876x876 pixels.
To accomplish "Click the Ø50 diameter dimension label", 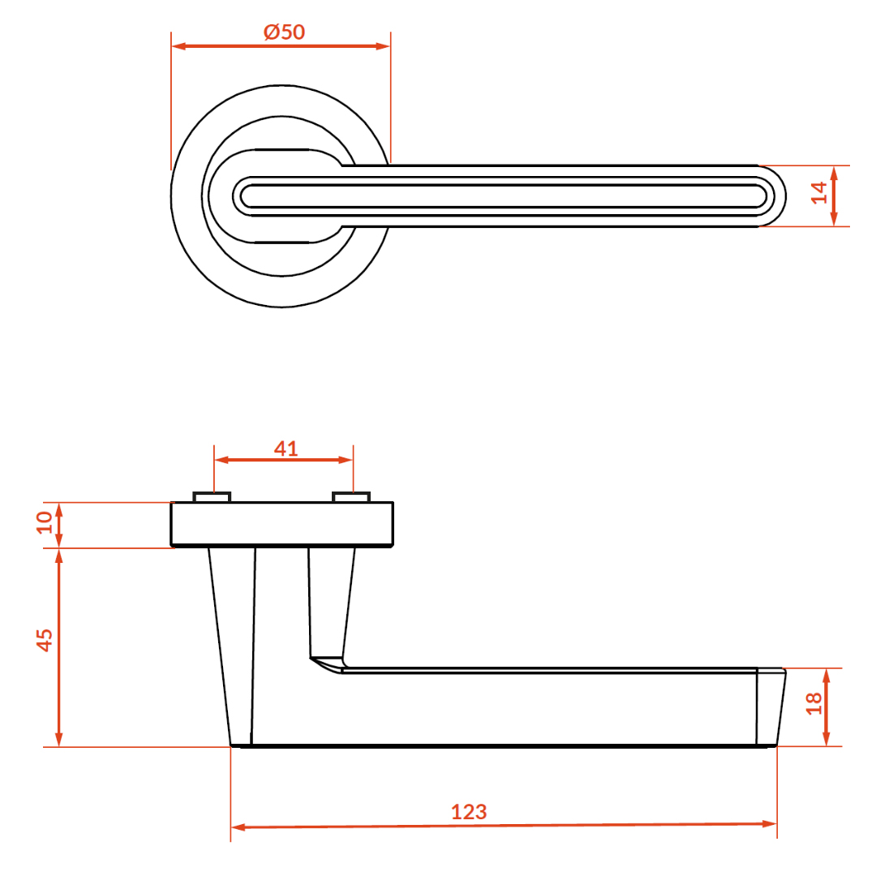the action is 285,32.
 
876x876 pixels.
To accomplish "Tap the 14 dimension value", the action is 819,193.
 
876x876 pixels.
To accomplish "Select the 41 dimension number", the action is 286,448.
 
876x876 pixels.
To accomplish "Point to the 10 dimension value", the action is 44,522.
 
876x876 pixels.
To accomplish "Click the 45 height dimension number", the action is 44,640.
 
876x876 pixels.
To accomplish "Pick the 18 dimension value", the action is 814,703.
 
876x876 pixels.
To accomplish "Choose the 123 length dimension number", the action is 469,812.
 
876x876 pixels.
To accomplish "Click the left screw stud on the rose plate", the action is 212,496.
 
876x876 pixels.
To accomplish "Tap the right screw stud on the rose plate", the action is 351,496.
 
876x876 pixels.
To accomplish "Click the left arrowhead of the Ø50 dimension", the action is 178,45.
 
